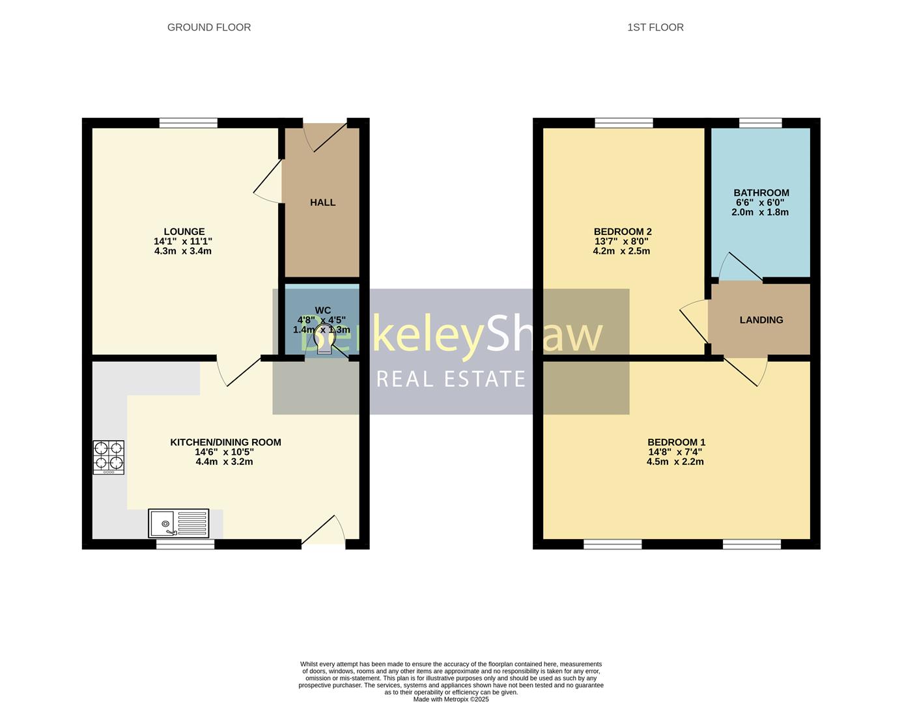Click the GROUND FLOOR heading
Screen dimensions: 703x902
coord(208,27)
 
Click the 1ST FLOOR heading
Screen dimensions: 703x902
coord(655,27)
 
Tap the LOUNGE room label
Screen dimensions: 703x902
coord(184,232)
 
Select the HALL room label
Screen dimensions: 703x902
coord(322,202)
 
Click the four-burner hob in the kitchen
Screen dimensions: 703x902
coord(108,456)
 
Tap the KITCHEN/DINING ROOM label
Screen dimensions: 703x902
coord(225,443)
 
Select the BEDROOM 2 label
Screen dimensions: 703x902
coord(622,232)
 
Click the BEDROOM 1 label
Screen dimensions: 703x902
coord(676,443)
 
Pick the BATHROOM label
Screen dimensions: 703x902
coord(761,193)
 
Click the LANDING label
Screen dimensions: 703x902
coord(761,320)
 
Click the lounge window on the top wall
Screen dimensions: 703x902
coord(188,122)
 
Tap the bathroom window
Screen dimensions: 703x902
coord(760,122)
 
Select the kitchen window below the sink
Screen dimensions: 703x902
coord(185,544)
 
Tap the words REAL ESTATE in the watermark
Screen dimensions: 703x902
coord(451,379)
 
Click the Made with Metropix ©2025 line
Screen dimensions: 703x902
coord(451,699)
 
